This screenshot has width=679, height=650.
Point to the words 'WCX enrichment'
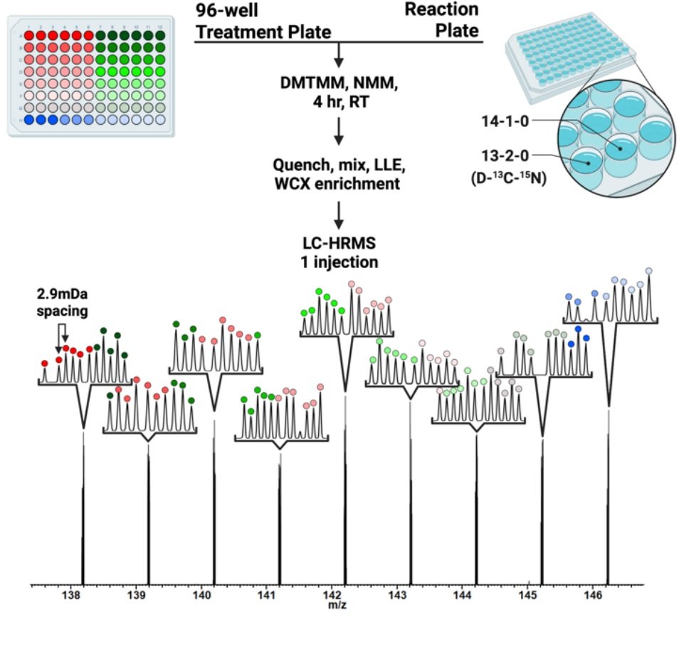click(337, 182)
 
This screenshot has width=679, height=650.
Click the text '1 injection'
click(338, 262)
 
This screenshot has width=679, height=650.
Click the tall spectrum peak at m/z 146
click(608, 499)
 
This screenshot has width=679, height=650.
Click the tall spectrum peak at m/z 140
click(214, 499)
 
